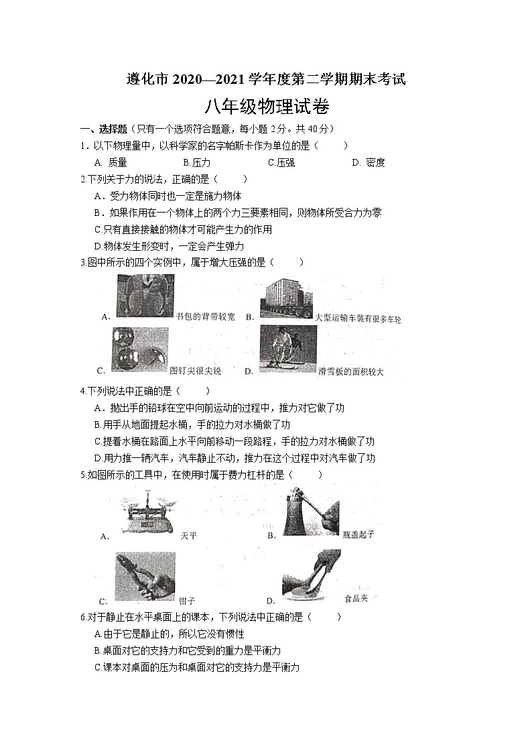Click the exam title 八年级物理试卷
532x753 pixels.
266,107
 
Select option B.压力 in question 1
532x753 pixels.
196,162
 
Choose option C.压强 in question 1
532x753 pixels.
281,162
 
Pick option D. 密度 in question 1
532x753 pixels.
368,162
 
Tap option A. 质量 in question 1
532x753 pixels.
111,162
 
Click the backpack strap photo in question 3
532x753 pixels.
145,298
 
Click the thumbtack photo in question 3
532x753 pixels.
139,349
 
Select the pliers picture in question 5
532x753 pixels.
145,576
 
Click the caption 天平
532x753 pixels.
189,536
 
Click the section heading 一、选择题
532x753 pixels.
105,129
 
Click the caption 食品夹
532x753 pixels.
355,598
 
